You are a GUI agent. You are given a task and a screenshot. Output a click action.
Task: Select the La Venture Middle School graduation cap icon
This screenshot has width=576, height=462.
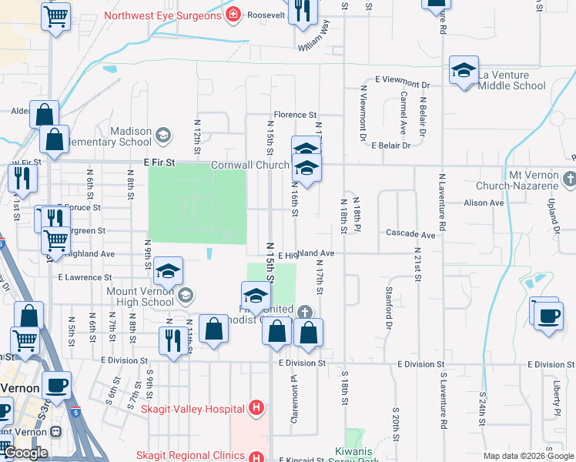[x=464, y=71]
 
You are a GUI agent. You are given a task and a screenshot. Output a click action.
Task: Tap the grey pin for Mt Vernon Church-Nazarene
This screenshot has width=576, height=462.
[x=569, y=180]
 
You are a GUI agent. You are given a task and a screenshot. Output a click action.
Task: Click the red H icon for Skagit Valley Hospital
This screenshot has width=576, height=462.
[x=257, y=408]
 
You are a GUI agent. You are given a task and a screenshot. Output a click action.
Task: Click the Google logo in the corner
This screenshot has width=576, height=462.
[x=25, y=453]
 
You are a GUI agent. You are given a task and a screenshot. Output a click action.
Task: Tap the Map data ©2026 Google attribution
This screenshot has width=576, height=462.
[x=528, y=456]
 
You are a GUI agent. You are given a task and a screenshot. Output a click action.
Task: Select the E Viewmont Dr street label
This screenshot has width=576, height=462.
[x=402, y=81]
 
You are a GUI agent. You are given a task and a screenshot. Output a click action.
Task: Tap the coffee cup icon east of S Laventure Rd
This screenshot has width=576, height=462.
[x=548, y=316]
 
